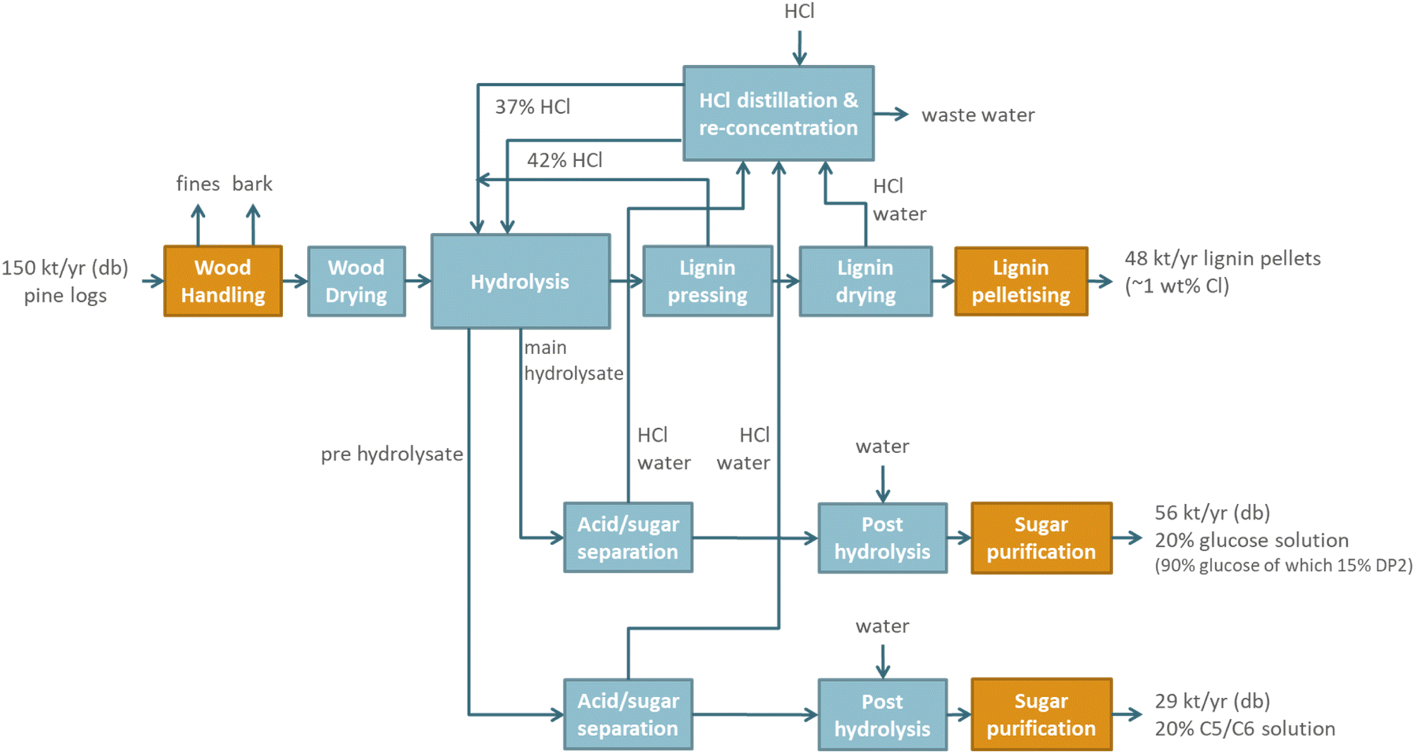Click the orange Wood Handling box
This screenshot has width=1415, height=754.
223,282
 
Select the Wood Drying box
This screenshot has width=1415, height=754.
356,282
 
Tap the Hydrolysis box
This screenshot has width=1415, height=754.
520,282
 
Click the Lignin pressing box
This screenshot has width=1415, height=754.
707,282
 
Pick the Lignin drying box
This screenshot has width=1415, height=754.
865,282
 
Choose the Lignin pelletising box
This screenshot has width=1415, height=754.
1021,282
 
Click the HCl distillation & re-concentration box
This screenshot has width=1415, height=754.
779,113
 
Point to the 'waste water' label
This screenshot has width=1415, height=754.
978,115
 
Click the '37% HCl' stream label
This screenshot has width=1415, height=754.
532,107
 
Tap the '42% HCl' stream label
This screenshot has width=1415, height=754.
565,160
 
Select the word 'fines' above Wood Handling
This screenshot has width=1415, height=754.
198,183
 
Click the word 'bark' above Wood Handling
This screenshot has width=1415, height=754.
252,183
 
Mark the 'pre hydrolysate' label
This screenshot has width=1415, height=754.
392,454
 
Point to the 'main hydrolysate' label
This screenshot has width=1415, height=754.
573,360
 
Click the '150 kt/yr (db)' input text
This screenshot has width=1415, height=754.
65,268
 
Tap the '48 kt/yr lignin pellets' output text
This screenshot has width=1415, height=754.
1223,259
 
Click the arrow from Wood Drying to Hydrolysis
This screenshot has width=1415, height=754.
419,282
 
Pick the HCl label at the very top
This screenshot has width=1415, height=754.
800,11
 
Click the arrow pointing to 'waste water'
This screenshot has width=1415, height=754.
892,115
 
